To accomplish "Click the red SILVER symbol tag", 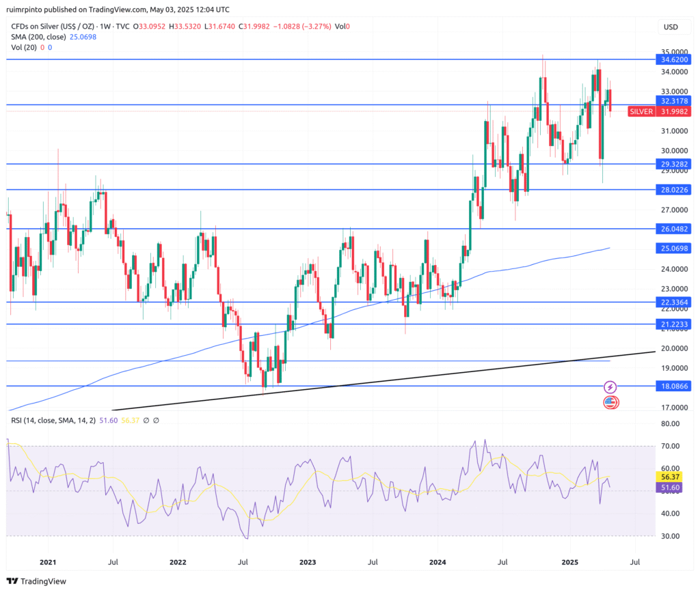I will click(641, 111).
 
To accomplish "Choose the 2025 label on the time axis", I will click(569, 562).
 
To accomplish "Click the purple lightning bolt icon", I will click(610, 387).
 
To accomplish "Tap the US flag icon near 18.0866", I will click(610, 402).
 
